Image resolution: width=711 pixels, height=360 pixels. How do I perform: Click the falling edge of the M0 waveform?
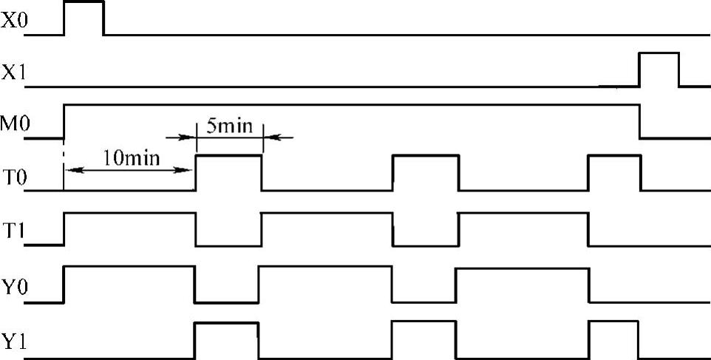coord(640,121)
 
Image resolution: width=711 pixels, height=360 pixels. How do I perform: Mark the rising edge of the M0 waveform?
coord(64,121)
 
